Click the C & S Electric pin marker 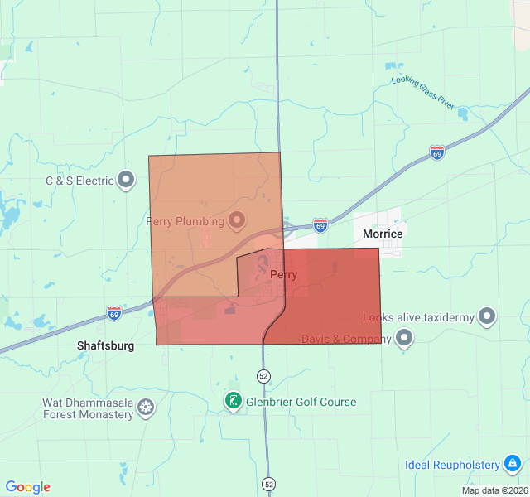pyautogui.click(x=126, y=180)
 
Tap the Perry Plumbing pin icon pyautogui.click(x=237, y=220)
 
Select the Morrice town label pyautogui.click(x=383, y=234)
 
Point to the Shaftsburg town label pyautogui.click(x=105, y=345)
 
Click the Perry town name pyautogui.click(x=283, y=275)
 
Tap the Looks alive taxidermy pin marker pyautogui.click(x=487, y=316)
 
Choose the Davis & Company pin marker pyautogui.click(x=404, y=338)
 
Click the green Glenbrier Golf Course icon pyautogui.click(x=234, y=402)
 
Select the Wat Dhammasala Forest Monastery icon pyautogui.click(x=146, y=408)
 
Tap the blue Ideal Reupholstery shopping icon pyautogui.click(x=513, y=463)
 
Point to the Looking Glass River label pyautogui.click(x=423, y=93)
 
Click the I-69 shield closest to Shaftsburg pyautogui.click(x=114, y=313)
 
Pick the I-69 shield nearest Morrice pyautogui.click(x=320, y=224)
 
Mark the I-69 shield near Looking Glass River pyautogui.click(x=436, y=152)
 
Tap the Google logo pyautogui.click(x=27, y=487)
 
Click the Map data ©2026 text pyautogui.click(x=494, y=490)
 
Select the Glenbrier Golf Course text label pyautogui.click(x=301, y=403)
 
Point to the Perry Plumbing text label pyautogui.click(x=185, y=221)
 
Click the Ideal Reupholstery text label pyautogui.click(x=452, y=464)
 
